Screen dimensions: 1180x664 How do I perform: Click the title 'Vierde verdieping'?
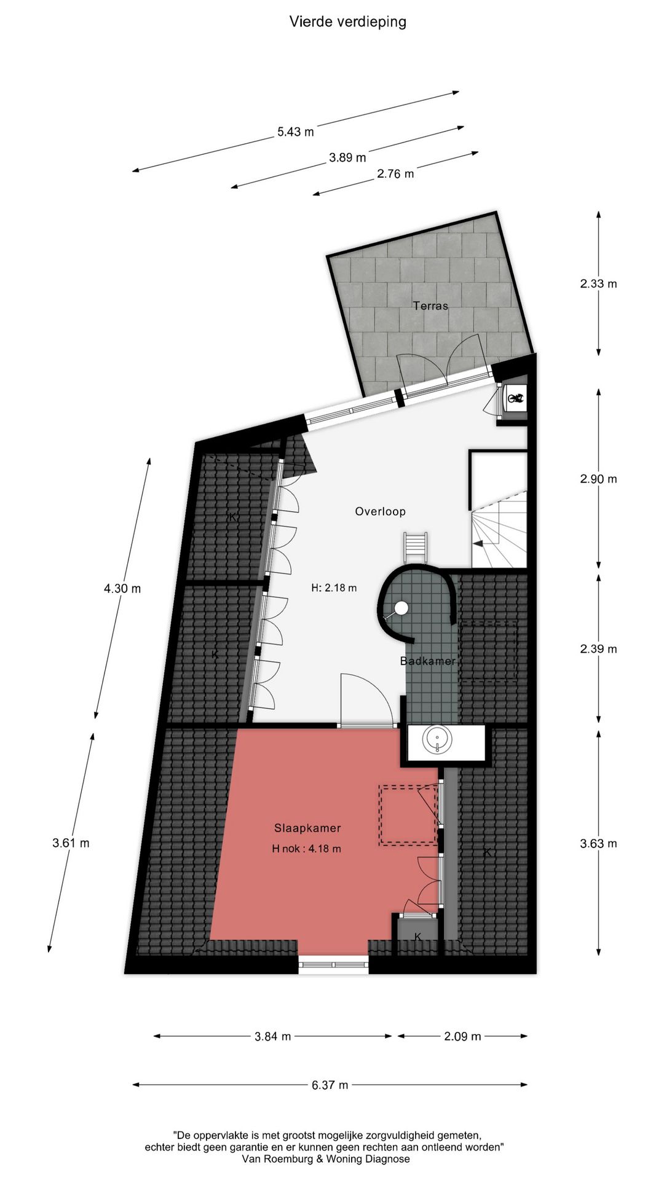[x=348, y=22]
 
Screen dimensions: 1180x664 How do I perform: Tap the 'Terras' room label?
[x=430, y=305]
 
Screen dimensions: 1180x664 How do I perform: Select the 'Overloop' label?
[x=380, y=511]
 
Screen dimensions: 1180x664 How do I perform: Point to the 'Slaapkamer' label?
[x=307, y=828]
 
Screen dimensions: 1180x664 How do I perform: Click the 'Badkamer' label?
[x=428, y=661]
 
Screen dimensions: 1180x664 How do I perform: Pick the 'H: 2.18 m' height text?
[x=334, y=588]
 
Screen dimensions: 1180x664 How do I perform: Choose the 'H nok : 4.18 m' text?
[x=307, y=849]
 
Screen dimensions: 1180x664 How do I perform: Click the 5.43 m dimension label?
[x=296, y=132]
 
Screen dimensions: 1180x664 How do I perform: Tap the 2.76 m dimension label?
[x=395, y=174]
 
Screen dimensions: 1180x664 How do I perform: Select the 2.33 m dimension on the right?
[x=598, y=283]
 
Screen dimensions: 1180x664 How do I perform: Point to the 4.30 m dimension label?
[x=122, y=588]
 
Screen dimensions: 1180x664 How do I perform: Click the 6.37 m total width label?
[x=330, y=1085]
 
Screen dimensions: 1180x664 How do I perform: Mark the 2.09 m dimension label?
[x=462, y=1036]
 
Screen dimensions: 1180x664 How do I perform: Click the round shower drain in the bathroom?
[x=401, y=608]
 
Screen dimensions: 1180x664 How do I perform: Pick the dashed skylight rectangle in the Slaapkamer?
[x=408, y=814]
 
